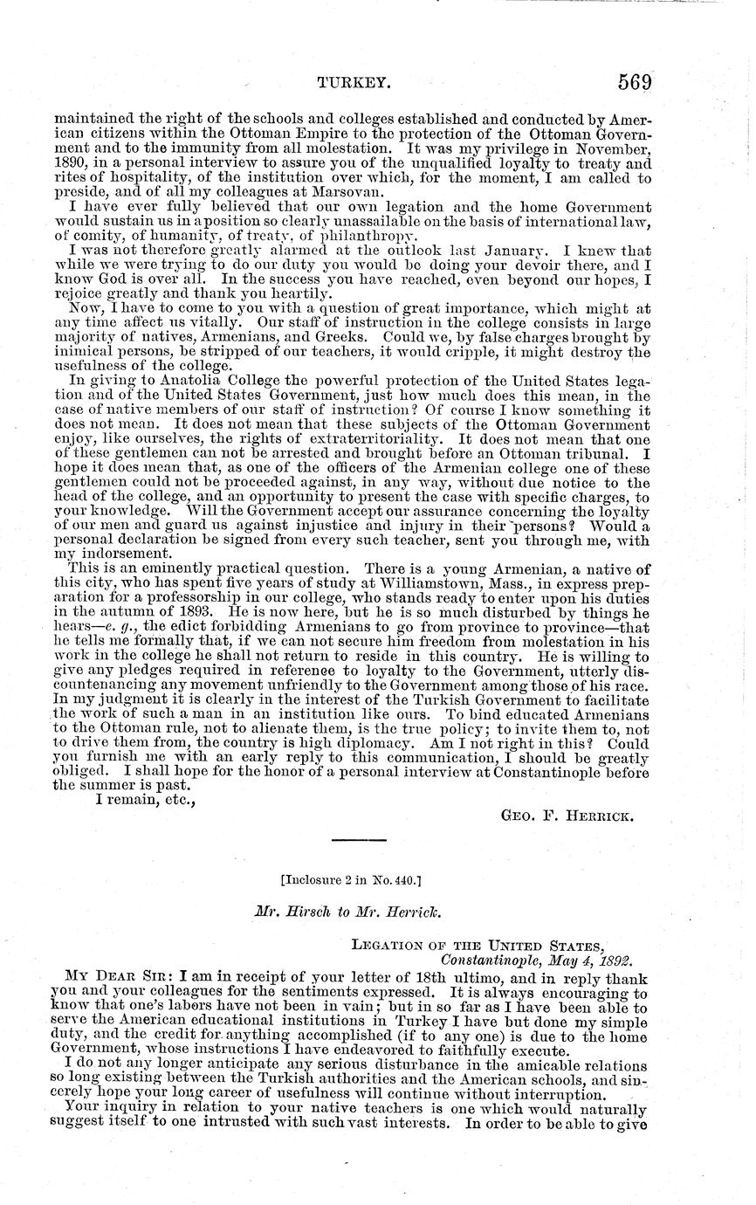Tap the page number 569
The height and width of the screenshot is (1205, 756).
(x=636, y=82)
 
